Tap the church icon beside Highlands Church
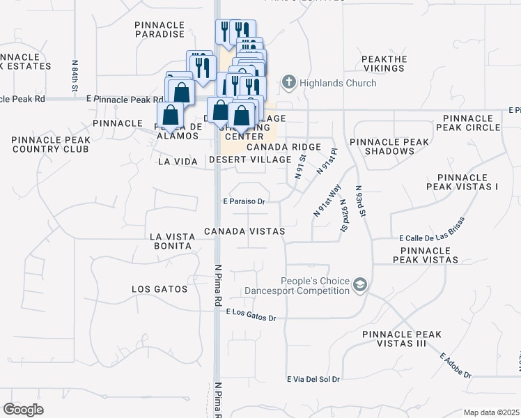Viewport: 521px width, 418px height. tap(289, 84)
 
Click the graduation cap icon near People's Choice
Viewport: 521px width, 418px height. tap(360, 284)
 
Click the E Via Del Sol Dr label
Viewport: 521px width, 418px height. tap(313, 380)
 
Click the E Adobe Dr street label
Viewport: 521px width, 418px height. tap(456, 366)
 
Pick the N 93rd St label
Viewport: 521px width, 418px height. tap(359, 201)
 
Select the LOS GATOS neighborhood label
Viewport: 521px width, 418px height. tap(160, 289)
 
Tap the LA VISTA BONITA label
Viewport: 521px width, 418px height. tap(171, 241)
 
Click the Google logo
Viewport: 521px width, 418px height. tap(23, 410)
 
